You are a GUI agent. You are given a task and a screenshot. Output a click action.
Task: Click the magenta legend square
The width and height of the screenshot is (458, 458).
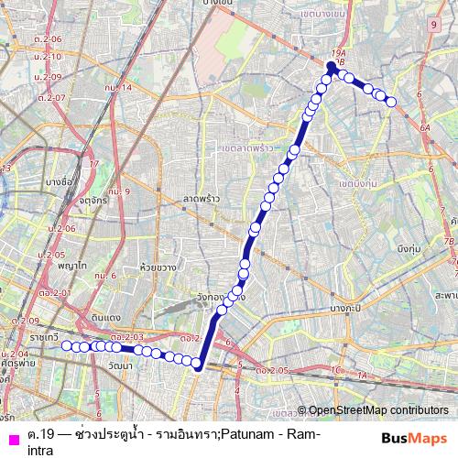pos(11,439)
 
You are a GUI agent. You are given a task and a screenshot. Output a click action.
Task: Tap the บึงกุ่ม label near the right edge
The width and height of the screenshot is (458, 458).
pos(409,248)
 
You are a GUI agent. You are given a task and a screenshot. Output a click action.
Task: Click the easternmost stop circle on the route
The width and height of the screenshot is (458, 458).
pos(392,102)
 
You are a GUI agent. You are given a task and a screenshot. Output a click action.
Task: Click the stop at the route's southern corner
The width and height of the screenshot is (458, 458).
pos(196,364)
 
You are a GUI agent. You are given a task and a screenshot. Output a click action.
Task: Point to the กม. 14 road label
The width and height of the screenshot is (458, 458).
pos(119,88)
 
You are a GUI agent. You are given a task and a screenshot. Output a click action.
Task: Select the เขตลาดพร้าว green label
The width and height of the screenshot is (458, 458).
pos(249,147)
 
